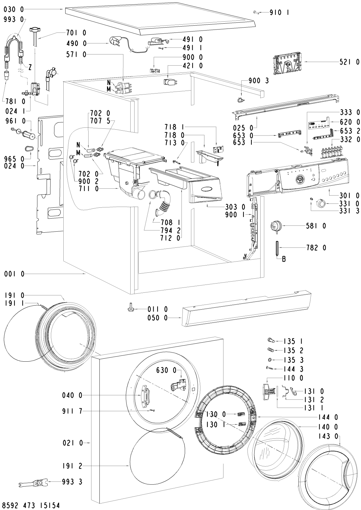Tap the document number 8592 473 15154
tap(31, 504)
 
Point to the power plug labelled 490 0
tap(114, 42)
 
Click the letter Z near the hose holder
tap(30, 68)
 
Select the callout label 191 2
tap(71, 466)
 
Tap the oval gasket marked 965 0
tap(30, 149)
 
